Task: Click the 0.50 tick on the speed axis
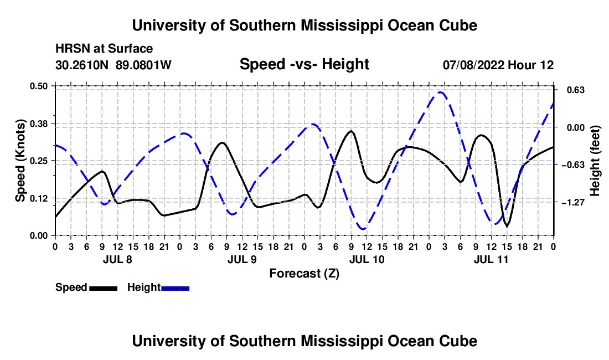(38, 86)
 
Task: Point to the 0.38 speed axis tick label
(38, 124)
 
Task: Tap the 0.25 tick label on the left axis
(38, 161)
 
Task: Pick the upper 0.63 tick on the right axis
(575, 90)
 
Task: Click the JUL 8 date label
(117, 259)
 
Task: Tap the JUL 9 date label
(242, 259)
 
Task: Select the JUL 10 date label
(367, 259)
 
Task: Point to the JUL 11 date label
(491, 259)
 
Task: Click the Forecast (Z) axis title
(304, 274)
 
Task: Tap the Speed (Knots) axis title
(20, 161)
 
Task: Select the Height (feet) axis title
(595, 161)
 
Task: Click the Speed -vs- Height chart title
(304, 64)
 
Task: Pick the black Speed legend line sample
(103, 288)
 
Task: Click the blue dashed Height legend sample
(175, 288)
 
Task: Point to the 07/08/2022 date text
(473, 65)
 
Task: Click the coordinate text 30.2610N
(82, 65)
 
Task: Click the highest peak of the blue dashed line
(440, 92)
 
